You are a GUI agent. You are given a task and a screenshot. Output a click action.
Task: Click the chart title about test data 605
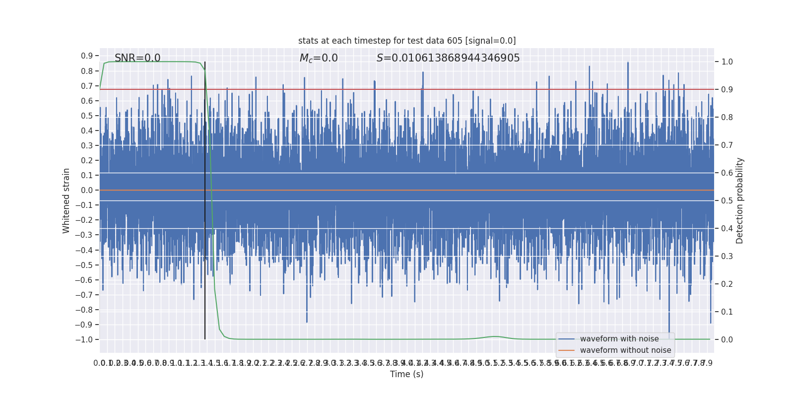(x=407, y=41)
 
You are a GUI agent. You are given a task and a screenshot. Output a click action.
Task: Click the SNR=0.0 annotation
(x=137, y=58)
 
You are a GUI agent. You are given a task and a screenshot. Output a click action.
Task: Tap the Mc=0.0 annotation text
(x=319, y=58)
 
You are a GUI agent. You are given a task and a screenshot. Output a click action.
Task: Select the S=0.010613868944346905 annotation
(x=448, y=58)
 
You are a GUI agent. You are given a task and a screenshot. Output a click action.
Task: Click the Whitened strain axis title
(x=66, y=200)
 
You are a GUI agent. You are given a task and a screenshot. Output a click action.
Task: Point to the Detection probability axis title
(x=740, y=200)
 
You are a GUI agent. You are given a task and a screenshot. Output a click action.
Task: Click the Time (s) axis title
(x=406, y=374)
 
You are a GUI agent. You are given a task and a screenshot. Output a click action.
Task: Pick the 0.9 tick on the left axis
(x=87, y=56)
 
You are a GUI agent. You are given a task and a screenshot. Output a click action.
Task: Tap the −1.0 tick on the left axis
(x=84, y=339)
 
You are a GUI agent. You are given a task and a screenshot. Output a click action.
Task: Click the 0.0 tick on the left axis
(x=87, y=190)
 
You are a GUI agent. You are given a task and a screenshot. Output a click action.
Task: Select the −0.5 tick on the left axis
(x=84, y=265)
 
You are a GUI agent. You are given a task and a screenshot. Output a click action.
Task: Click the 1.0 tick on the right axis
(x=727, y=62)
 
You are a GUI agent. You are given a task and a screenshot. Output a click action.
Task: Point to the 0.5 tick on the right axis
(x=727, y=201)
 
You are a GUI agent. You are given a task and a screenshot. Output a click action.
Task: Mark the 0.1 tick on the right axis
(x=727, y=312)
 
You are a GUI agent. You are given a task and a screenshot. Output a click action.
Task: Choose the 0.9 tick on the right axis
(x=727, y=90)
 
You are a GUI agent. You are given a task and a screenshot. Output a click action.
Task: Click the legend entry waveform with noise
(x=619, y=339)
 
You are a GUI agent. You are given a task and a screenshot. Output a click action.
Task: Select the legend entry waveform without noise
(x=625, y=350)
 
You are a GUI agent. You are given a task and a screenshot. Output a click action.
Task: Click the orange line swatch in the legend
(x=566, y=350)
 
